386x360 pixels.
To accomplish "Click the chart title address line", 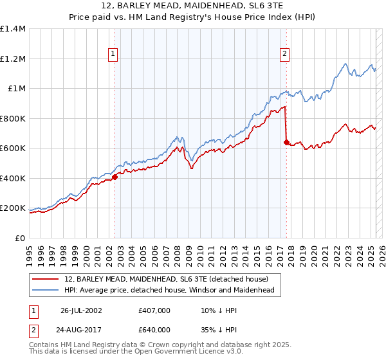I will tap(192, 6).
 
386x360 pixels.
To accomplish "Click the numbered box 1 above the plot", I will tap(113, 55).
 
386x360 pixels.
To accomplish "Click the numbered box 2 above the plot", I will tap(284, 55).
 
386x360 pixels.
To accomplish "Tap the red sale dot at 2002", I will tap(115, 177).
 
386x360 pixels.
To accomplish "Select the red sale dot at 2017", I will tap(286, 143).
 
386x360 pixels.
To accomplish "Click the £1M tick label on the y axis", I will tap(17, 89).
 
